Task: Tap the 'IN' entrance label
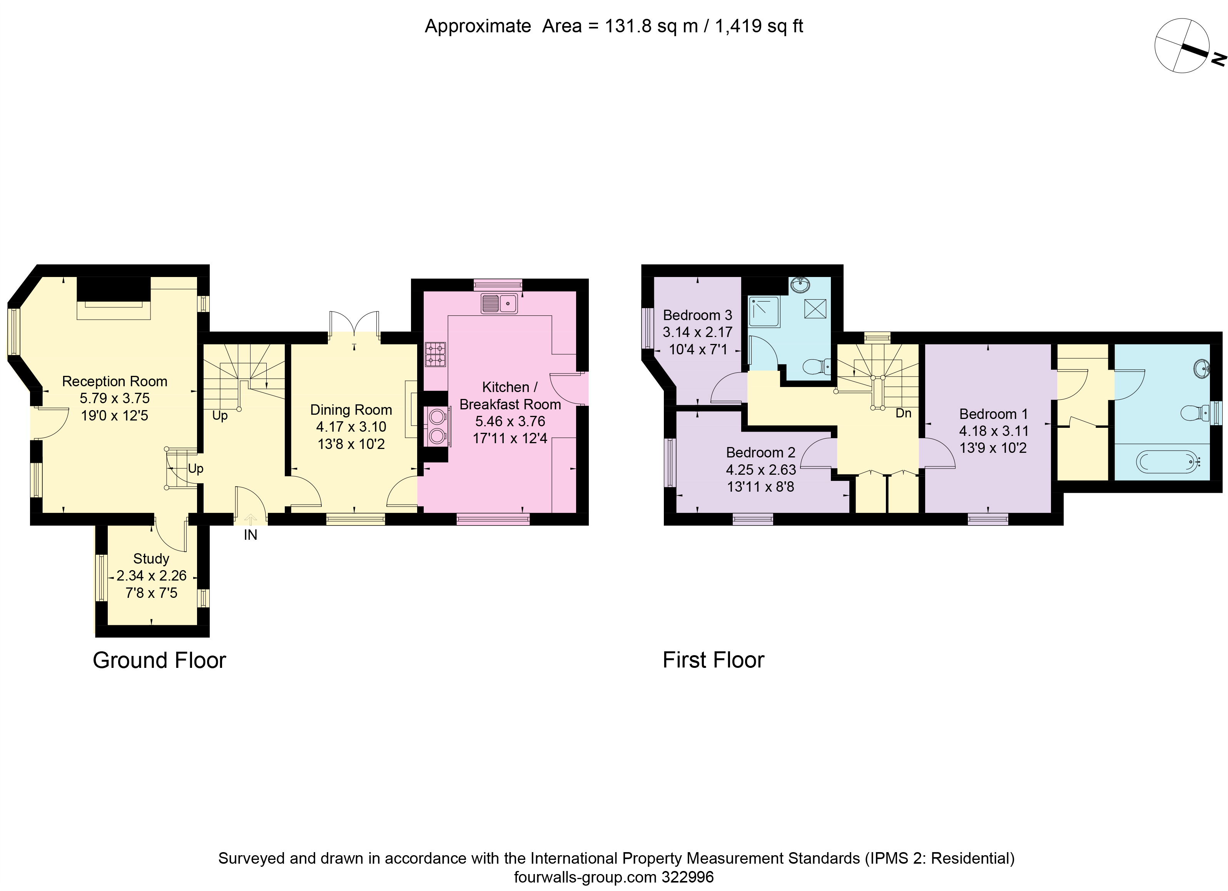point(250,535)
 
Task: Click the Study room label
point(151,559)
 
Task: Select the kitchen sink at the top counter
point(499,304)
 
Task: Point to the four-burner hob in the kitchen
point(435,355)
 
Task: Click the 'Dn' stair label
point(903,413)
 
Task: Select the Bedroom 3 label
point(697,315)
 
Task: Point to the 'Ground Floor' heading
point(159,661)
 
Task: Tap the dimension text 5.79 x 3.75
point(115,399)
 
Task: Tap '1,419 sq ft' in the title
point(759,26)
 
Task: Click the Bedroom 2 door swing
point(819,452)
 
